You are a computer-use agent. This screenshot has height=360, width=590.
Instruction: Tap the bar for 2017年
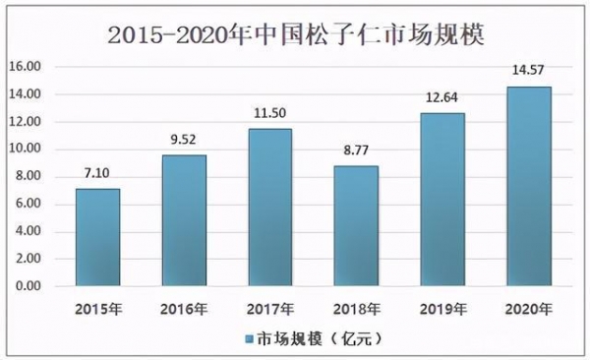[269, 208]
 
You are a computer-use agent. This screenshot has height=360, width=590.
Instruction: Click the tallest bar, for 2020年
[528, 187]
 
